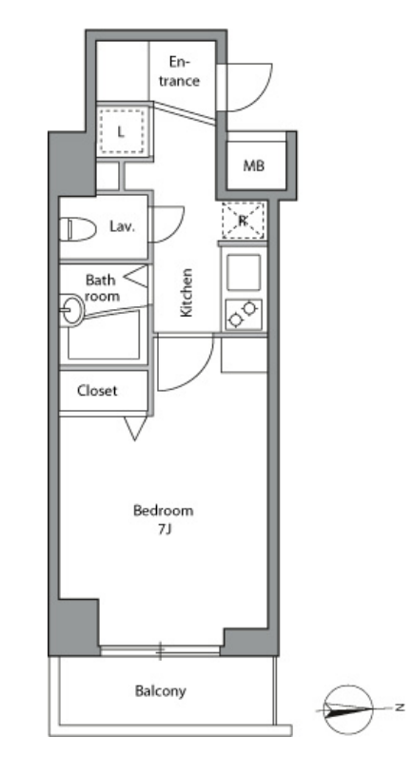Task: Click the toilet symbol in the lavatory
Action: point(78,228)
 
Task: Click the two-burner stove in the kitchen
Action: point(244,314)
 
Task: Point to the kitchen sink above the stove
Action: point(244,272)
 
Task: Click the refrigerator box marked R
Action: point(244,221)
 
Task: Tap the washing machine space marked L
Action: point(122,131)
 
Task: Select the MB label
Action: point(253,166)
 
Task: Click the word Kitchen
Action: point(186,293)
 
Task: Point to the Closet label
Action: point(98,391)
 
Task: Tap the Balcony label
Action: point(161,690)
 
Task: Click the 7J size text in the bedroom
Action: point(165,530)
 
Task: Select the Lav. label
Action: point(122,227)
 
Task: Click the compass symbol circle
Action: point(348,709)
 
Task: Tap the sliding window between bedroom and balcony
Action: point(160,650)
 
